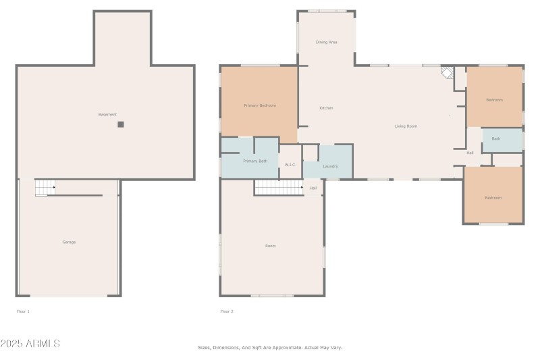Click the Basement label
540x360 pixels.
(107, 115)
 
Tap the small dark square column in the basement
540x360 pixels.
(121, 124)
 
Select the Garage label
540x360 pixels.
(69, 242)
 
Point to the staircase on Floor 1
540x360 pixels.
(45, 188)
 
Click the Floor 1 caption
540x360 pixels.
(23, 311)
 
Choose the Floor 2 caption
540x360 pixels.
(227, 311)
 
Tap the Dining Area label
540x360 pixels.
(326, 42)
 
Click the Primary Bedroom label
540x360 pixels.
(260, 105)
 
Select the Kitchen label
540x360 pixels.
(326, 108)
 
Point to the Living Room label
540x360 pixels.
(406, 126)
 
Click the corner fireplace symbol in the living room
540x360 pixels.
(448, 72)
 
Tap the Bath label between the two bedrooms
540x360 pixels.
(496, 139)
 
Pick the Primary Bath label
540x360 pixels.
(255, 161)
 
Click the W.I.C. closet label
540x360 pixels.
(290, 165)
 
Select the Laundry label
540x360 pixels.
(331, 166)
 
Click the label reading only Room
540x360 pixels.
(270, 246)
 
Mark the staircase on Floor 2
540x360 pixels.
(277, 187)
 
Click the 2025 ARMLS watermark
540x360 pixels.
(30, 344)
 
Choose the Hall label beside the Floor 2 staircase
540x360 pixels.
(313, 188)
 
